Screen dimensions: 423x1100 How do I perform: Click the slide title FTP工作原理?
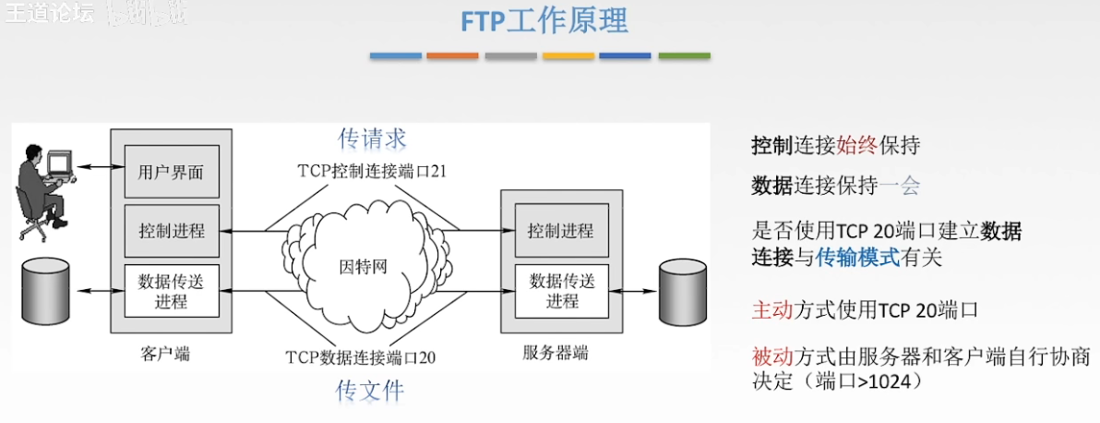(x=544, y=21)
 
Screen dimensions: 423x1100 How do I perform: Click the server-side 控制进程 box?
(x=561, y=231)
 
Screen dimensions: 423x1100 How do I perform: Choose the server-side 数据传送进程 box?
(x=561, y=289)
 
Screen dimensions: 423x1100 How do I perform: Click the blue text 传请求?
(x=372, y=139)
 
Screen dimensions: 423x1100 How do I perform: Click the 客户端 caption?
(x=166, y=353)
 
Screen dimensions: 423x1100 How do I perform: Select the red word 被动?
(x=772, y=357)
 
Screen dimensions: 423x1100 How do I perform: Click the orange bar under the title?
(x=452, y=56)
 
